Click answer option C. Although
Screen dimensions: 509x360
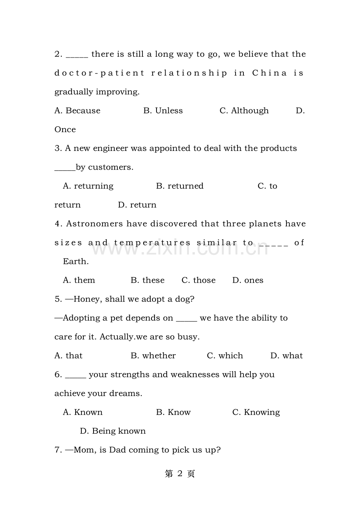244,111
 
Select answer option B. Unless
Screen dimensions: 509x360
163,111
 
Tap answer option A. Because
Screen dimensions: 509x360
77,111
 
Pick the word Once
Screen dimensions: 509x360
65,129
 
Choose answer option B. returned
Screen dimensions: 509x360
180,186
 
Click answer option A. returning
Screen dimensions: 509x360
88,186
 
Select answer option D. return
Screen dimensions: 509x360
137,205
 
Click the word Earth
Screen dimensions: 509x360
76,262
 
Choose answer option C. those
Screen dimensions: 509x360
198,280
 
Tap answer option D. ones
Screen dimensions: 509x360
248,280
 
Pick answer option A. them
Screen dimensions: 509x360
79,280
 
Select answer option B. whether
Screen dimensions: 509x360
153,356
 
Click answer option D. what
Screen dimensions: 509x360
286,356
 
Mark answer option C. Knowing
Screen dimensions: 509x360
256,412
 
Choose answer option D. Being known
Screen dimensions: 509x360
113,431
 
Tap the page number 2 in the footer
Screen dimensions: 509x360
180,474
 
